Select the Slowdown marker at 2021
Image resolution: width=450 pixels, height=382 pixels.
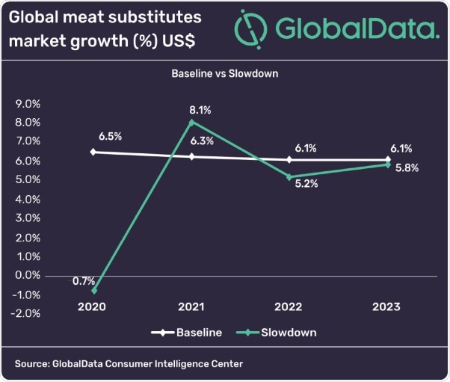coord(192,122)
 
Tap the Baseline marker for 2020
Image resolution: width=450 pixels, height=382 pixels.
coord(93,152)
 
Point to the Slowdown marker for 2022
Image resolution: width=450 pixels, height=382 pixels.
coord(290,177)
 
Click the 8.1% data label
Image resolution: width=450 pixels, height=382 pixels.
coord(200,110)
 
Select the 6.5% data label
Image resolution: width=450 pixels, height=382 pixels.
coord(110,137)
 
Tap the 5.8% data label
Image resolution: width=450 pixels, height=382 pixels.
coord(407,168)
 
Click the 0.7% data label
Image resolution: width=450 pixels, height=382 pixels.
coord(84,281)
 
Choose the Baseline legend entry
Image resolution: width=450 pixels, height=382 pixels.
coord(187,333)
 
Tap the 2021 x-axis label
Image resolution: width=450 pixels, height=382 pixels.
coord(192,306)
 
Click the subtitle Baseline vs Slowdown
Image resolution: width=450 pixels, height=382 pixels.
coord(225,74)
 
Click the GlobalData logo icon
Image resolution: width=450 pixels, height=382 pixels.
coord(250,29)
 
